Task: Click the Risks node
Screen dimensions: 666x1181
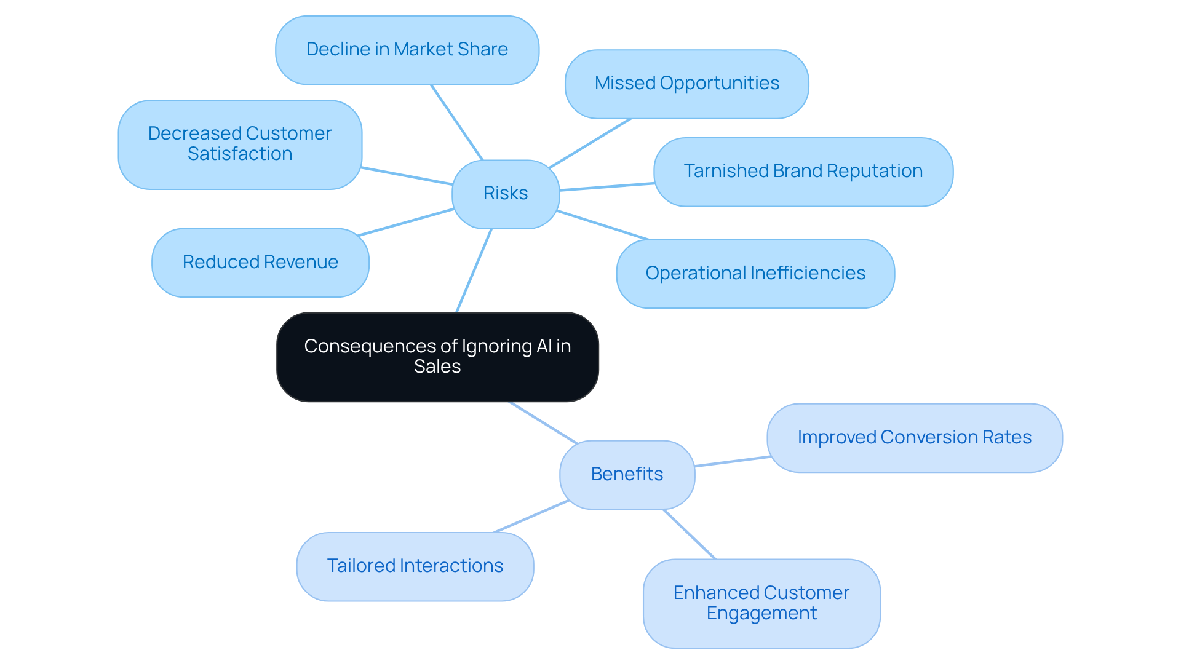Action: tap(506, 194)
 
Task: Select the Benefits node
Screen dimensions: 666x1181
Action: tap(627, 474)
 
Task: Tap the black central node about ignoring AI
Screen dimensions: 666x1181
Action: tap(437, 357)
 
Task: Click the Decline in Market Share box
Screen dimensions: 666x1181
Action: tap(407, 50)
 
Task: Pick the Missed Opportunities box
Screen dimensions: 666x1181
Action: tap(686, 84)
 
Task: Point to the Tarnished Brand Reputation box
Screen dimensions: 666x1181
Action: tap(803, 172)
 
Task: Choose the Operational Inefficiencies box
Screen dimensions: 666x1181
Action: tap(755, 274)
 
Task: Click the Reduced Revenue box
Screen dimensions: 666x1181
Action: tap(260, 263)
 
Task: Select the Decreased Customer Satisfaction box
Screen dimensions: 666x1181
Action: tap(240, 145)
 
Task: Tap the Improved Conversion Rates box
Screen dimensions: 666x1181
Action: tap(914, 438)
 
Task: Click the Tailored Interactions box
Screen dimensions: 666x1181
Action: tap(415, 566)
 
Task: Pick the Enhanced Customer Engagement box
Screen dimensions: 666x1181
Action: tap(761, 603)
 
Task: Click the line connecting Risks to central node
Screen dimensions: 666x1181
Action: tap(474, 271)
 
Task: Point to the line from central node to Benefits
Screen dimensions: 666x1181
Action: tap(543, 422)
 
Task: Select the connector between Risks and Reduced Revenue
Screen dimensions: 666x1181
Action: tap(406, 222)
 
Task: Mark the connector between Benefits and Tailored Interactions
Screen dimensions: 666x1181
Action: tap(531, 517)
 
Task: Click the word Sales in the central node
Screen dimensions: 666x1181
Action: tap(437, 367)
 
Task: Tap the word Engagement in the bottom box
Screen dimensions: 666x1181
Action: tap(761, 614)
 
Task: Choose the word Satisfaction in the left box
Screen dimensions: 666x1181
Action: tap(240, 154)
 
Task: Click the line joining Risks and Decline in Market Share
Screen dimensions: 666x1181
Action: tap(456, 122)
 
